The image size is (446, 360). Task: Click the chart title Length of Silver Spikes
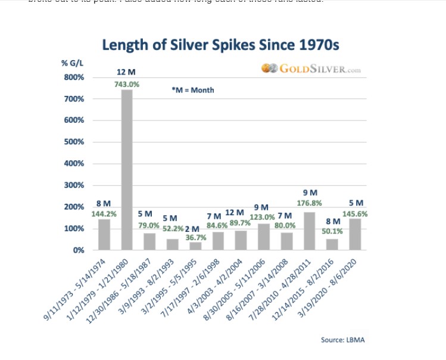tap(220, 45)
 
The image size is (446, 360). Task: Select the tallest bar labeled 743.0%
tap(127, 169)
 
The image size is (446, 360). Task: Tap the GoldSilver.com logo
tap(311, 69)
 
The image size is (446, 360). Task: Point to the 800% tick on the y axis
tap(74, 77)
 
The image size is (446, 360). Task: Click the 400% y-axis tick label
tap(74, 164)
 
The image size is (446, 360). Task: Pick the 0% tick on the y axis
tap(78, 250)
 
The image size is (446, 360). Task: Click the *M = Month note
tap(192, 90)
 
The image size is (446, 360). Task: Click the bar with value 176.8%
tap(310, 231)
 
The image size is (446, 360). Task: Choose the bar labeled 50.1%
tap(333, 244)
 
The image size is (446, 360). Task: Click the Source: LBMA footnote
tap(344, 340)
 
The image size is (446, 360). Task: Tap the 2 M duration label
tap(192, 229)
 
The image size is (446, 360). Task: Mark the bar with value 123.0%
tap(264, 237)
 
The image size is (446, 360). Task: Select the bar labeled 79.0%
tap(149, 241)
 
